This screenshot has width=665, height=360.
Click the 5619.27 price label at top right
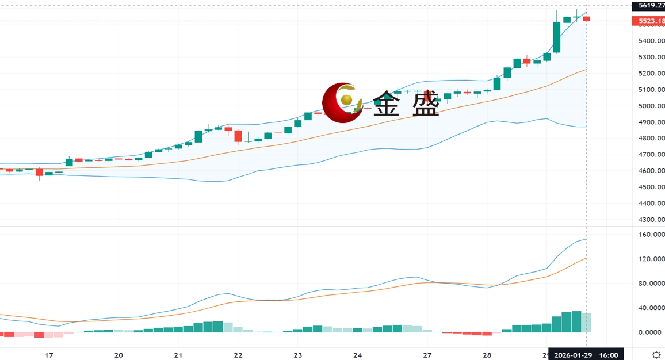click(648, 6)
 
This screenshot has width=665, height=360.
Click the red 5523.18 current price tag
click(648, 21)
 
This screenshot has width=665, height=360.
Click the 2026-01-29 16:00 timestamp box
click(586, 355)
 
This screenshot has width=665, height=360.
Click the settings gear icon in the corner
click(656, 355)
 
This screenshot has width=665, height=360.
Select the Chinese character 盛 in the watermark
click(423, 104)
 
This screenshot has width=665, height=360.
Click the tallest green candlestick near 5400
click(557, 37)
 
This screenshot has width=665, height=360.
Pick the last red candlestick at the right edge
click(587, 18)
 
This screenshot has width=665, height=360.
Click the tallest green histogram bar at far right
click(577, 321)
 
